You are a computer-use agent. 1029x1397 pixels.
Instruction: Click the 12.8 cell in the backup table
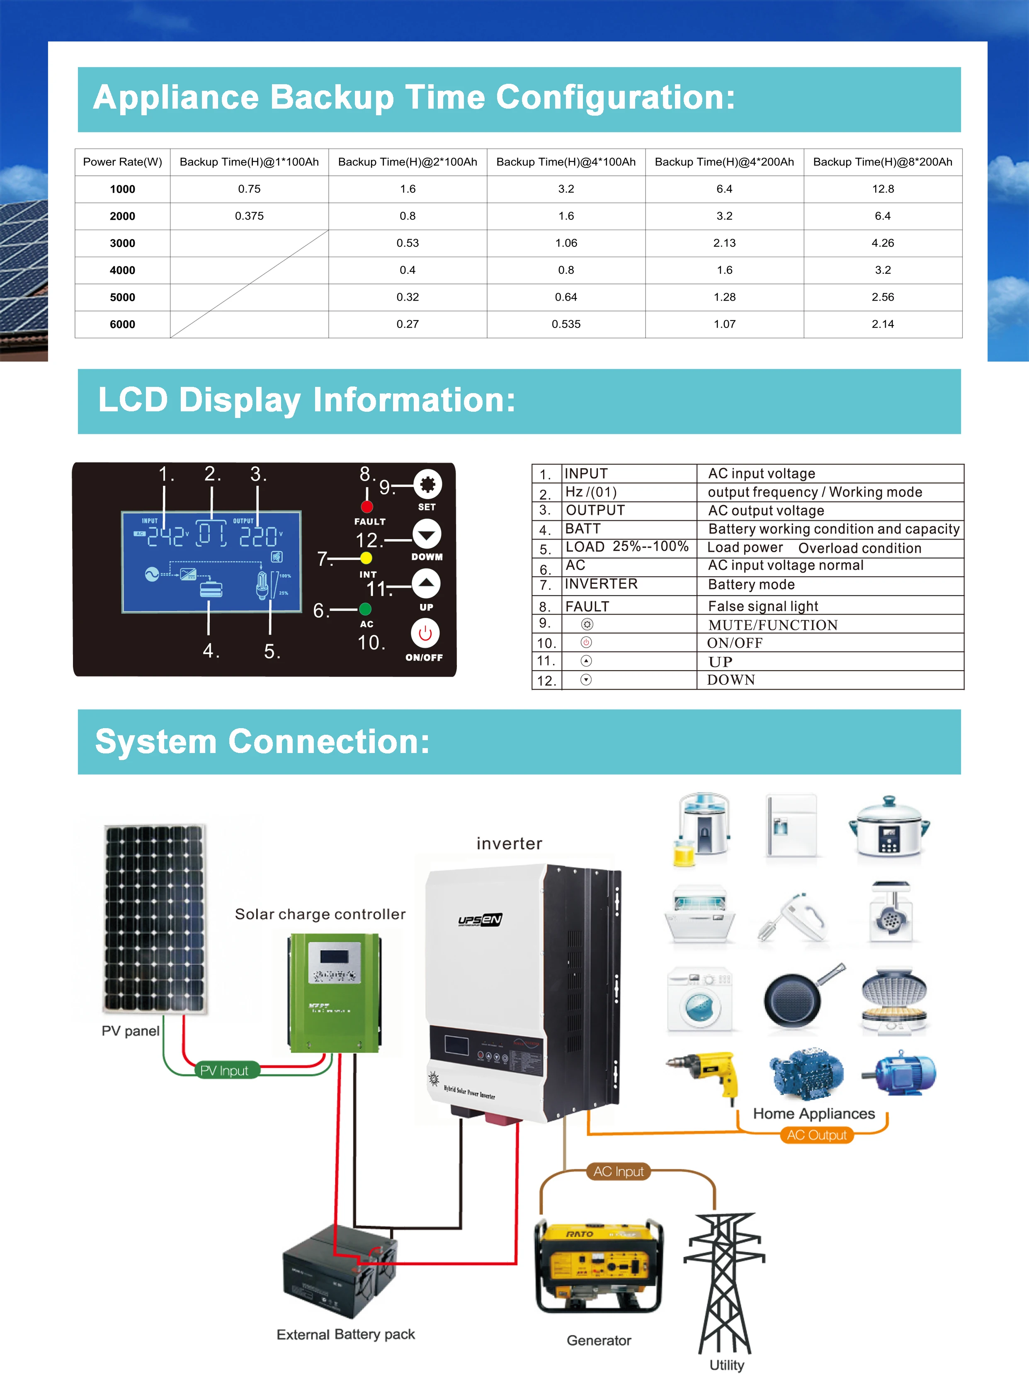[883, 189]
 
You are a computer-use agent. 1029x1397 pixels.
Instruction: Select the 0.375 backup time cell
[249, 216]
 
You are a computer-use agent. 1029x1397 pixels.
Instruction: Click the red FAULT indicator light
[367, 506]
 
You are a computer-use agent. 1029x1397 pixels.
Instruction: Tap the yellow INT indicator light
[366, 558]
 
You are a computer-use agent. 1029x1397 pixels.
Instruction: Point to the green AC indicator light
[366, 608]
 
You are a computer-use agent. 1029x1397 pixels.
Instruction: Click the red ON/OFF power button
[425, 634]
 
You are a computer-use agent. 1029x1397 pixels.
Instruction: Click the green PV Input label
[224, 1071]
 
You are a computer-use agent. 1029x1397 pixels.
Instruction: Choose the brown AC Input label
[619, 1171]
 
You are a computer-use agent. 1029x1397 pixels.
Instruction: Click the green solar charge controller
[335, 994]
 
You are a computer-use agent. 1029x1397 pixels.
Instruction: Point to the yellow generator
[599, 1264]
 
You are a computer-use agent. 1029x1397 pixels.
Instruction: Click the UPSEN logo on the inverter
[480, 920]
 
